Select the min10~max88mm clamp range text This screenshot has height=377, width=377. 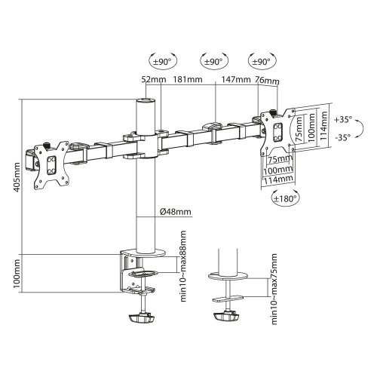[181, 276]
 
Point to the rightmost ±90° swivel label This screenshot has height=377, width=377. [260, 59]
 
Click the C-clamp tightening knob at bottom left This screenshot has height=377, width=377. [145, 318]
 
